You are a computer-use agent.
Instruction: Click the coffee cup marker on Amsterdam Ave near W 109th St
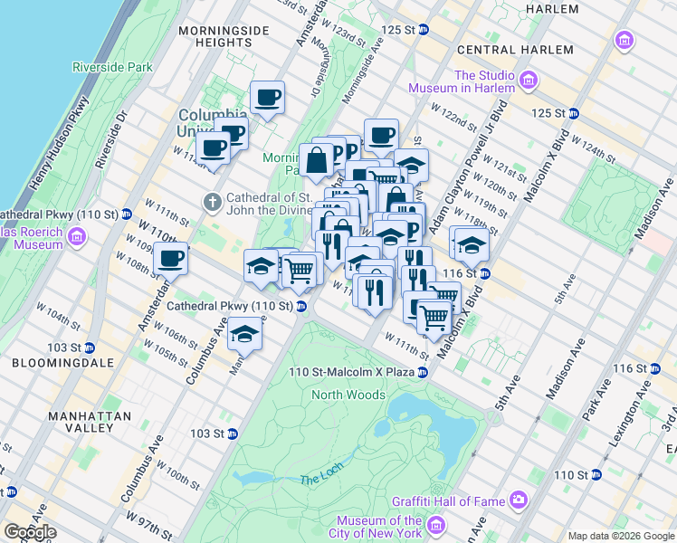pos(170,259)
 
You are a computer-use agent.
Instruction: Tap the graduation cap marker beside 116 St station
pos(471,243)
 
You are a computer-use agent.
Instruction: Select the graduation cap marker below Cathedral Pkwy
pos(243,334)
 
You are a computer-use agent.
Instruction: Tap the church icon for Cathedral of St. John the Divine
pos(213,200)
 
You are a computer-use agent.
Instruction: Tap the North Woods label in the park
pos(348,395)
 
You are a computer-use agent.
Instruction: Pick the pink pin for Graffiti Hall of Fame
pos(519,499)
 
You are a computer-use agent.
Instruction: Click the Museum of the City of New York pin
pos(436,526)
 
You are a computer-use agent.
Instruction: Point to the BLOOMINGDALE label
pos(50,362)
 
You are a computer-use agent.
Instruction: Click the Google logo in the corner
pos(29,532)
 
